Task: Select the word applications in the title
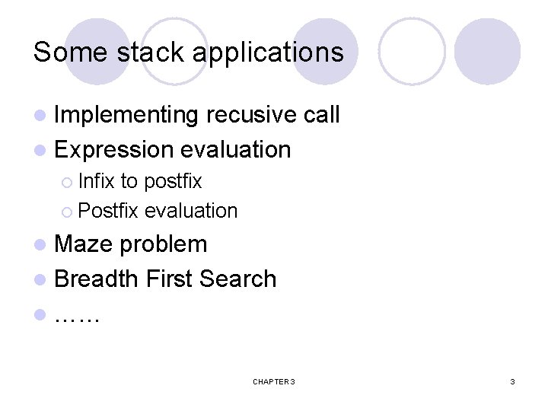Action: [268, 53]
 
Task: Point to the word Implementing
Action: [126, 115]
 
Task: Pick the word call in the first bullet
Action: [321, 115]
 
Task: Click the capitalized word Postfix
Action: [108, 210]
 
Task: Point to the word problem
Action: [164, 244]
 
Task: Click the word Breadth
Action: [96, 279]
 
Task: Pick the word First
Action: [168, 279]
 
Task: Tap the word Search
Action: [237, 279]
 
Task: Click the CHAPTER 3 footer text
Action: [273, 381]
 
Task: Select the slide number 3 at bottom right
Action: [512, 381]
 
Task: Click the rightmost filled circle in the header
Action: [487, 52]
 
